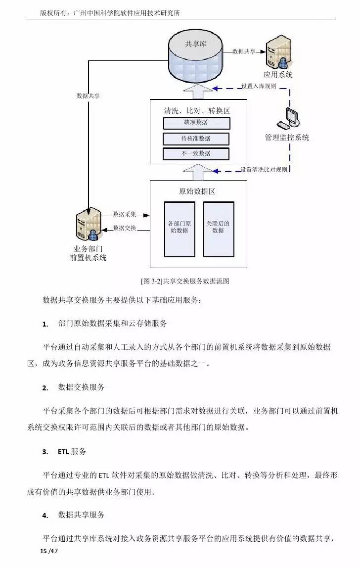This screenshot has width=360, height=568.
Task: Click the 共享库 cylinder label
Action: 196,44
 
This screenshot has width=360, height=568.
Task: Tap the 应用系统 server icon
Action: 277,54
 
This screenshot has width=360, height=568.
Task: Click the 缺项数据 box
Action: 196,123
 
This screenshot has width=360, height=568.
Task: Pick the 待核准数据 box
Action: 196,139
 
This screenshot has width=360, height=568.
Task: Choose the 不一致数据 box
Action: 196,154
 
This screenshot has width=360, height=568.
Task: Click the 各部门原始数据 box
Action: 180,228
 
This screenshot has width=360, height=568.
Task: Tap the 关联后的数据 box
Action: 218,228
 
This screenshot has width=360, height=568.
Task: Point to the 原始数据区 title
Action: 197,191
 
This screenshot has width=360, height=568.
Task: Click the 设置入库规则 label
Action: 259,86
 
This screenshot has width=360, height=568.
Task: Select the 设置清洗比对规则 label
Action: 264,170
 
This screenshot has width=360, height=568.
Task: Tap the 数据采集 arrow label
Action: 125,214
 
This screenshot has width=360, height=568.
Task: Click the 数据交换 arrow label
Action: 125,228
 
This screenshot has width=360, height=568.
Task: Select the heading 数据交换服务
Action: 82,387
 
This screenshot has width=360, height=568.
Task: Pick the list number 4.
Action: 45,516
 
